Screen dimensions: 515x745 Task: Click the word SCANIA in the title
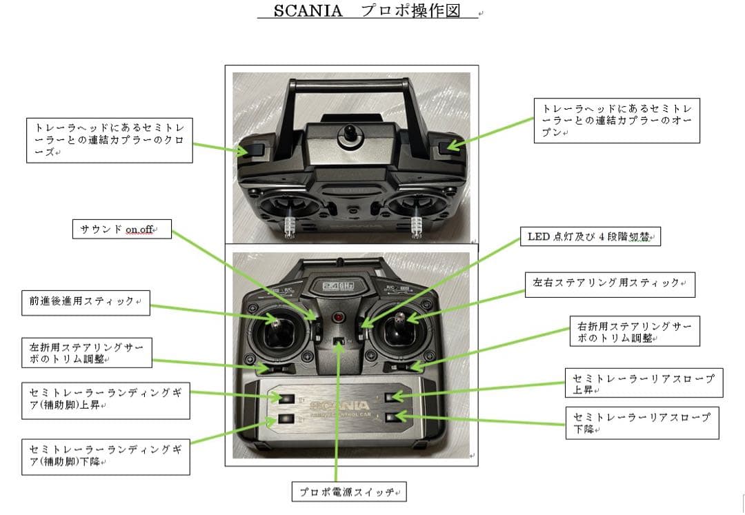pyautogui.click(x=308, y=11)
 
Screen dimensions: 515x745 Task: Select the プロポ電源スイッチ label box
pyautogui.click(x=349, y=492)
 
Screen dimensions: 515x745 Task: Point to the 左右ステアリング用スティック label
pyautogui.click(x=610, y=284)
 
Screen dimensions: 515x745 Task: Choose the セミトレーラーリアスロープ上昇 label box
pyautogui.click(x=644, y=383)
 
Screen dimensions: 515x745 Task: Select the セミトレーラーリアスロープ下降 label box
pyautogui.click(x=642, y=423)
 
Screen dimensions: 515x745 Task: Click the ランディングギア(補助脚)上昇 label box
pyautogui.click(x=106, y=399)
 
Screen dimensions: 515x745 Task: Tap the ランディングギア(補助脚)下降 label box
pyautogui.click(x=106, y=456)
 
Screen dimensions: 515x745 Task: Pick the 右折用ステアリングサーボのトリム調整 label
pyautogui.click(x=635, y=331)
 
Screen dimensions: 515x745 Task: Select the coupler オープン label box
pyautogui.click(x=617, y=121)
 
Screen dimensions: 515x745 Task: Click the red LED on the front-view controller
pyautogui.click(x=338, y=318)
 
